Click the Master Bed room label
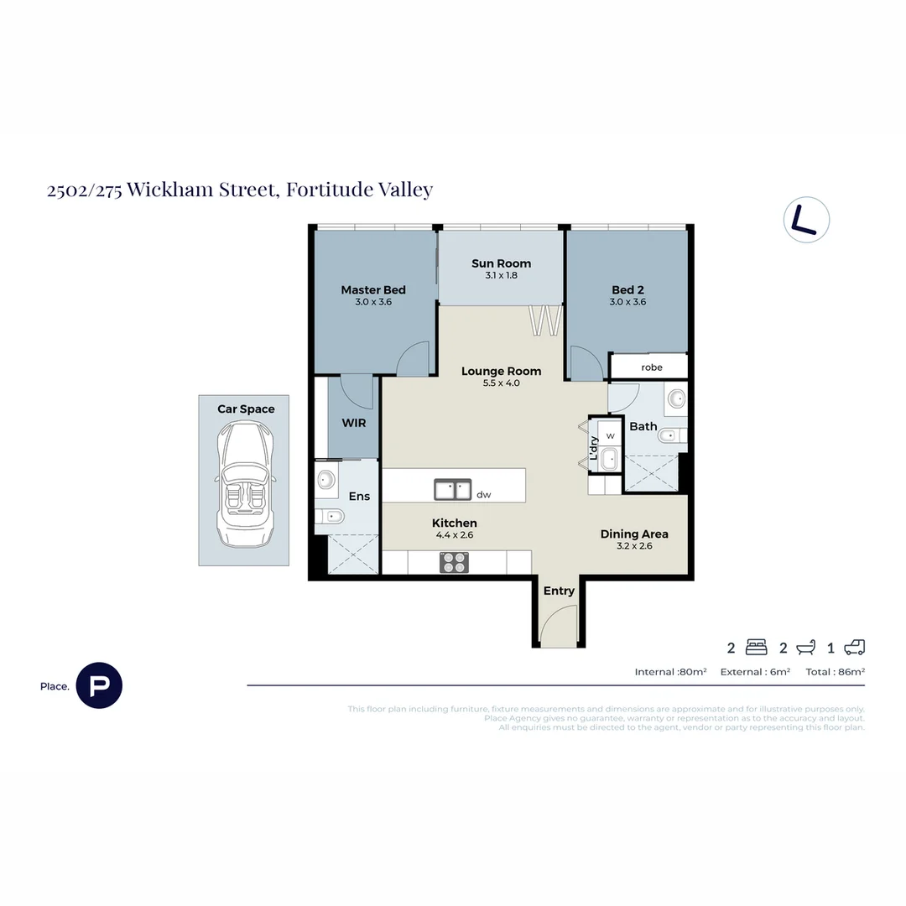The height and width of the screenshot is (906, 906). pos(373,290)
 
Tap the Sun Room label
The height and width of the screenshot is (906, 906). pos(502,263)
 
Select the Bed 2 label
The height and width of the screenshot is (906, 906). pos(627,290)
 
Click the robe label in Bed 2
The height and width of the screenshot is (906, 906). pos(652,367)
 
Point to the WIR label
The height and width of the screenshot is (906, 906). pos(354,423)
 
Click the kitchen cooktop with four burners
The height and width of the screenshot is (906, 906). pos(455,562)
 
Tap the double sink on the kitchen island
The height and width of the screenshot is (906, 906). pos(452,489)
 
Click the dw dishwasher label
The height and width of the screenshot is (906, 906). pos(483,495)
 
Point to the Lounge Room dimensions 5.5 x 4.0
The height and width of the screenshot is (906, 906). pos(502,383)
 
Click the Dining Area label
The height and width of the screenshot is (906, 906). pos(634,534)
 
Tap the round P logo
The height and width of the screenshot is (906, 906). pos(99,685)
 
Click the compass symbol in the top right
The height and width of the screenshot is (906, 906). pos(806,221)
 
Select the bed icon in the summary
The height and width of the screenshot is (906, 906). pos(756,648)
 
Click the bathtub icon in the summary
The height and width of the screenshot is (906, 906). pos(806,648)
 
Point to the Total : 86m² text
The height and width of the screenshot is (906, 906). pos(835,672)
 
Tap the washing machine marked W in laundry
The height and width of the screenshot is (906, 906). pos(611,435)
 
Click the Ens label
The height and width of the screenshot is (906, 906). pos(359,497)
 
